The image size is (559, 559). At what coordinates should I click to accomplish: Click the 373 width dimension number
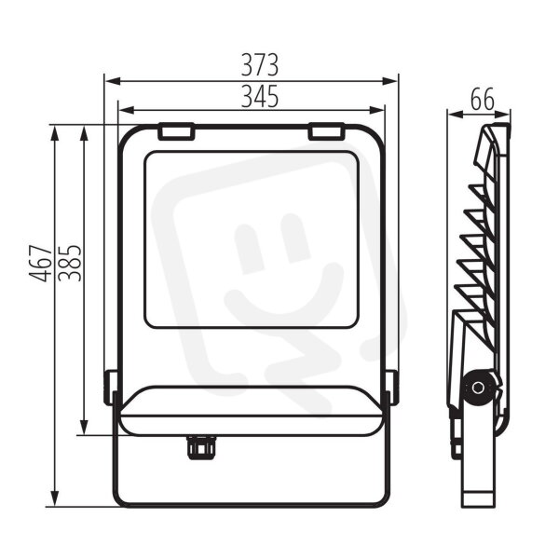[x=260, y=65]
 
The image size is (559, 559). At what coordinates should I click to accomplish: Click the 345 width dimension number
[x=260, y=96]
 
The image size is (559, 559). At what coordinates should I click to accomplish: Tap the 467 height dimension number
[x=40, y=263]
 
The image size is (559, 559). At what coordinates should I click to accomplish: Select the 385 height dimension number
[x=70, y=263]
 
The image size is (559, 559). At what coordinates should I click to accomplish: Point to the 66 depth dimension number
[x=483, y=100]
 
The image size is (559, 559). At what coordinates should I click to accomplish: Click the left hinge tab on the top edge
[x=176, y=130]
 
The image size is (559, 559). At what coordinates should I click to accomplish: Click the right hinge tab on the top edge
[x=327, y=130]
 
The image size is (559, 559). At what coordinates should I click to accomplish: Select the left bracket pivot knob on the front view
[x=110, y=388]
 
